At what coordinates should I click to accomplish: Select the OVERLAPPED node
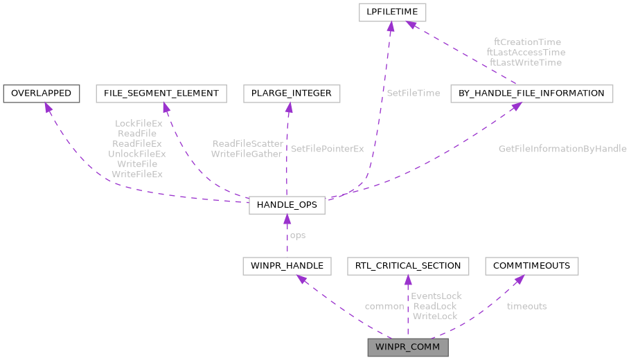41,93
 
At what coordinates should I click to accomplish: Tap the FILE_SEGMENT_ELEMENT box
161,93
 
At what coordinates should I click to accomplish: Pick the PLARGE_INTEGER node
292,93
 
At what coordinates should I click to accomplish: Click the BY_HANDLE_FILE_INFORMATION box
531,93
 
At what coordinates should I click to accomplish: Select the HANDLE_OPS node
287,204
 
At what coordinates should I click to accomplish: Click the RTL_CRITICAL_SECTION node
408,266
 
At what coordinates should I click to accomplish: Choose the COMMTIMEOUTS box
532,266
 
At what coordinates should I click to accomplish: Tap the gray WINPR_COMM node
408,346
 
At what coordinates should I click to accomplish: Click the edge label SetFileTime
414,93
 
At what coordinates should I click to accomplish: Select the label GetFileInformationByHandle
562,149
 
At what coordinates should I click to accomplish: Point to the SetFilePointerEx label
327,149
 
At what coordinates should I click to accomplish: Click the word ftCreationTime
527,42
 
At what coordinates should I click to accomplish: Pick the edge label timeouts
526,306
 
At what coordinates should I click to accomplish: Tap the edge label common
384,306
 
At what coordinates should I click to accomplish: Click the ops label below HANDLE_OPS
297,235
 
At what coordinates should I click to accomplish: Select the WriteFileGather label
247,154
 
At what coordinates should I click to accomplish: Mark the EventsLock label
436,296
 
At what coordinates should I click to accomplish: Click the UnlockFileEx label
137,154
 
